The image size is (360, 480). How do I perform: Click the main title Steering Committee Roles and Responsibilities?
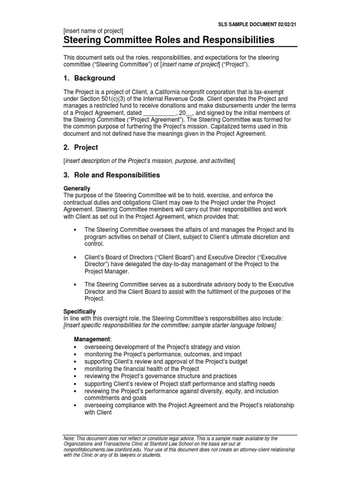pyautogui.click(x=169, y=40)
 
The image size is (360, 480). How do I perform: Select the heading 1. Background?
pyautogui.click(x=89, y=78)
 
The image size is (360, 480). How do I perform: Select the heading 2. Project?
pyautogui.click(x=81, y=147)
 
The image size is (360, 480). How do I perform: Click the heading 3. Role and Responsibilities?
pyautogui.click(x=112, y=175)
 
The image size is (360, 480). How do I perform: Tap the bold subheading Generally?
pyautogui.click(x=77, y=188)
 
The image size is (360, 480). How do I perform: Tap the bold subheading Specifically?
pyautogui.click(x=80, y=311)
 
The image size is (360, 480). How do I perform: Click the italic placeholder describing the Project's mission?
pyautogui.click(x=150, y=161)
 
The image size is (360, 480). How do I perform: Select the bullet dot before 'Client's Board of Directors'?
pyautogui.click(x=75, y=258)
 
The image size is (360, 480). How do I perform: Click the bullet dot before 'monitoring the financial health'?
pyautogui.click(x=75, y=369)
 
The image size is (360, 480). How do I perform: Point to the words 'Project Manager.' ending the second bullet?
pyautogui.click(x=105, y=271)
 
